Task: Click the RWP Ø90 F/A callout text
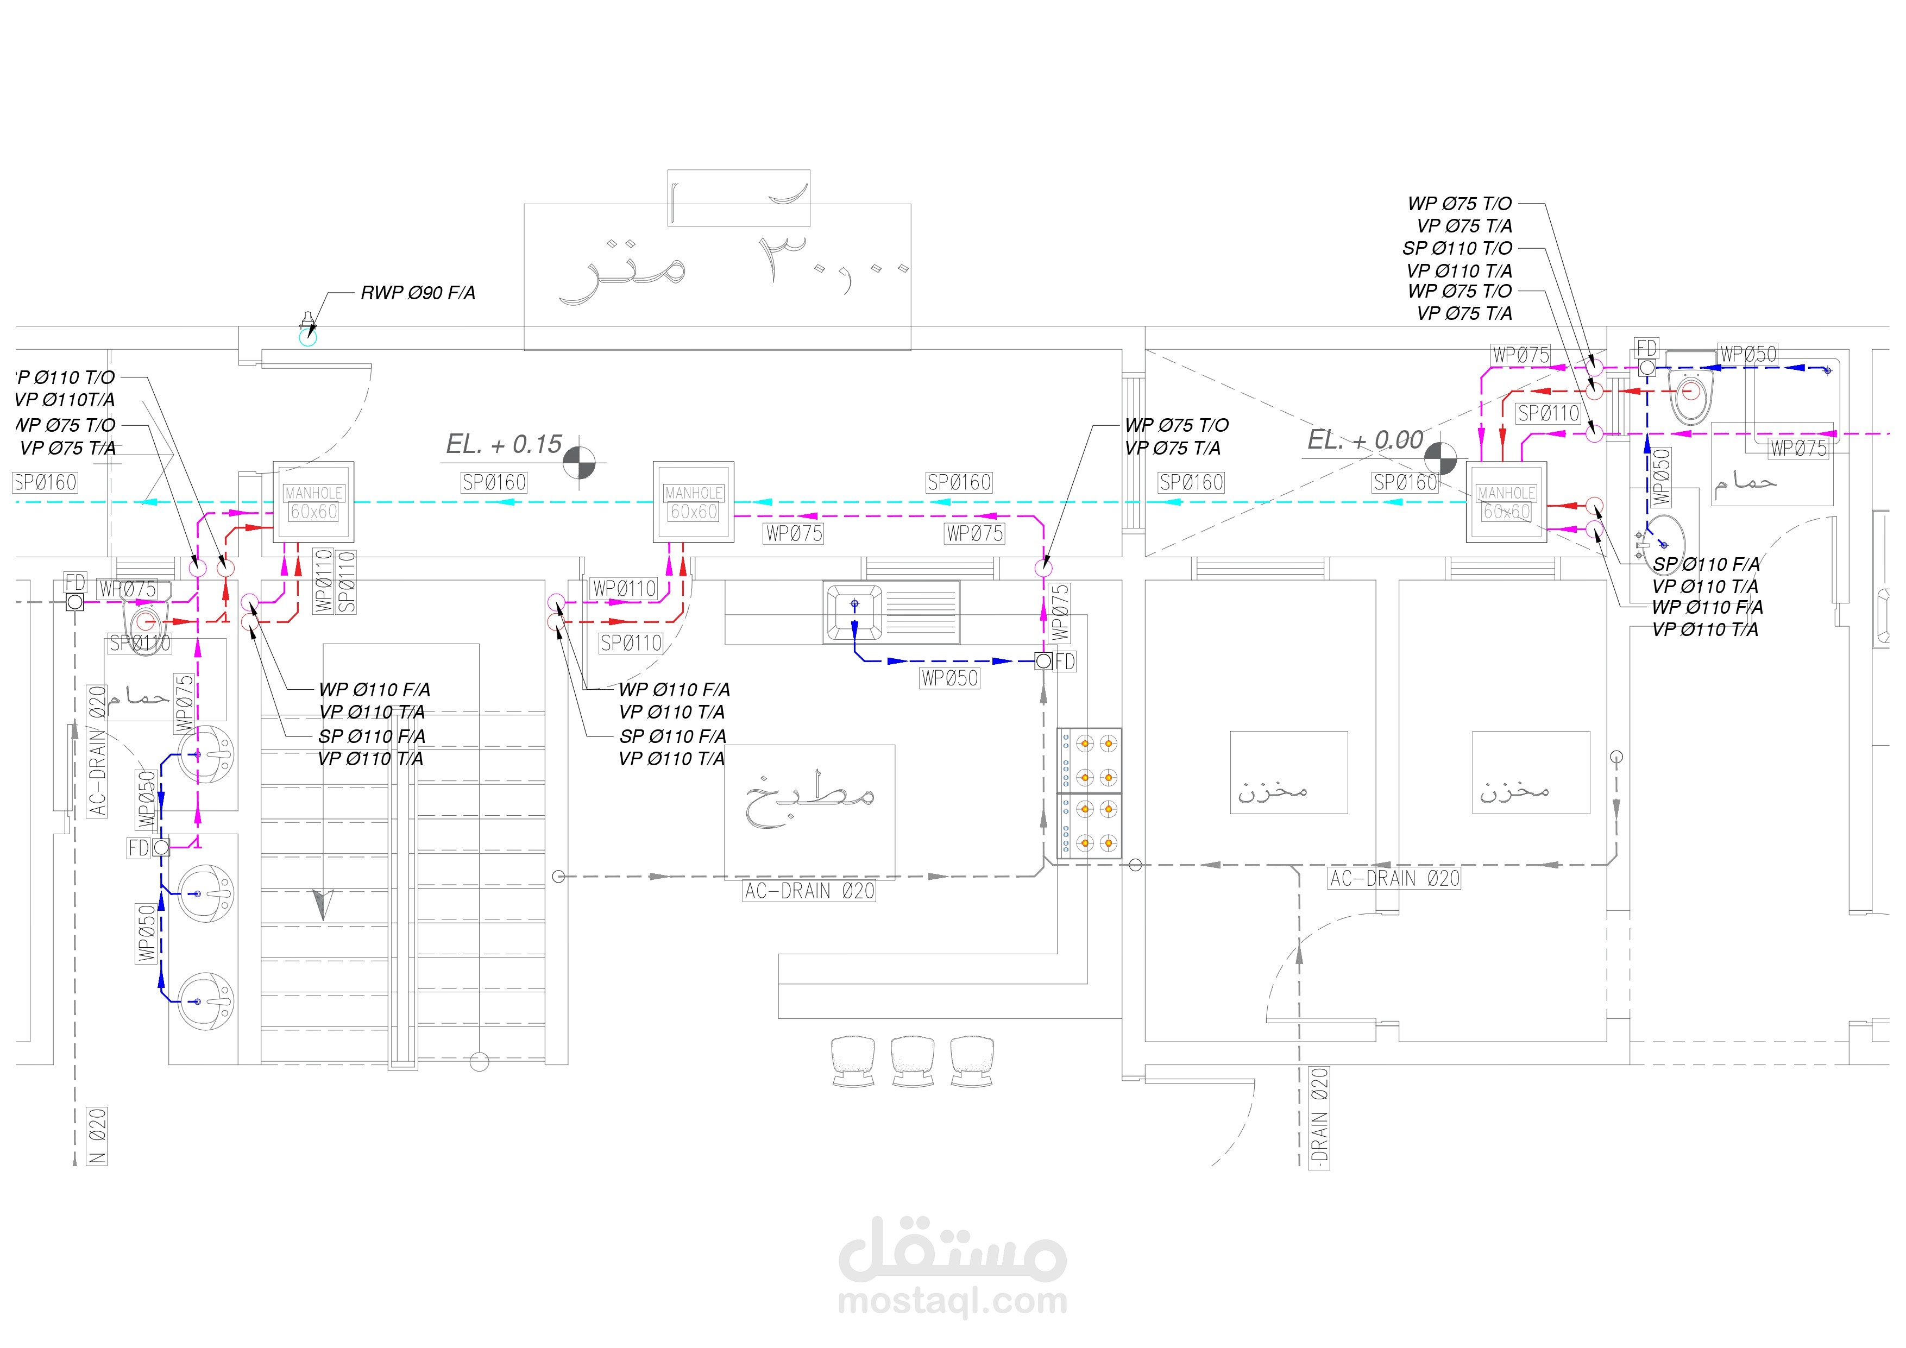coord(418,293)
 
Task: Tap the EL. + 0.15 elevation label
coord(504,444)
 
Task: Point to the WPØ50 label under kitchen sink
coord(949,678)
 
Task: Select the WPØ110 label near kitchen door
coord(624,589)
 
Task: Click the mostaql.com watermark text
coord(952,1301)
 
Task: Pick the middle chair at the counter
coord(913,1060)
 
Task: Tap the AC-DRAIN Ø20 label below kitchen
coord(809,891)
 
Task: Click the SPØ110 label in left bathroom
coord(140,642)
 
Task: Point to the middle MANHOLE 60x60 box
coord(693,502)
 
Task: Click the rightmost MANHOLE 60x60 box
coord(1506,502)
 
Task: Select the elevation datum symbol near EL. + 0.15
coord(580,462)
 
